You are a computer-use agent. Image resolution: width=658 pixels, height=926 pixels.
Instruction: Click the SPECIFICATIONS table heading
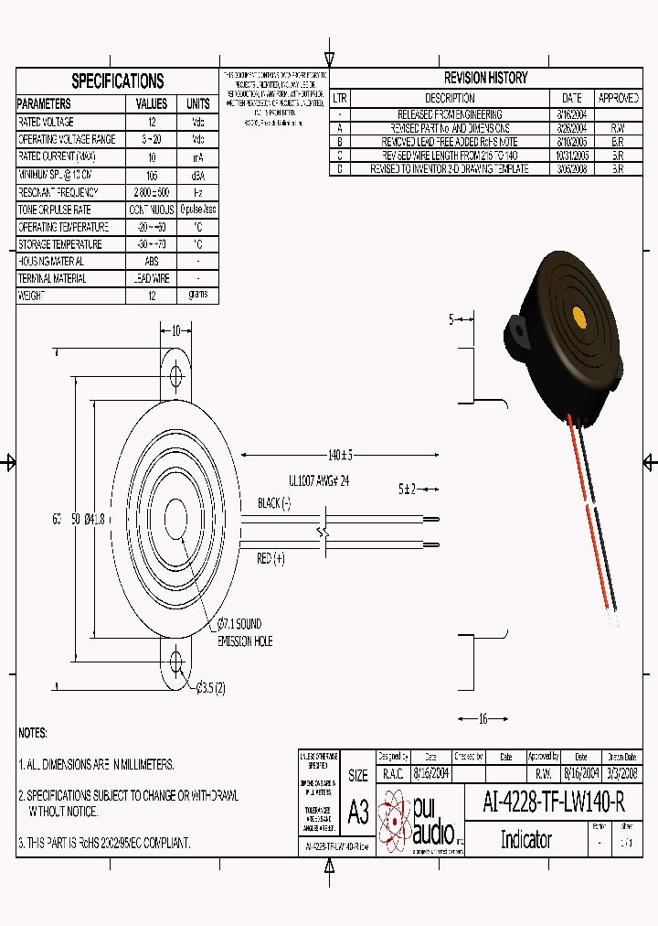(x=117, y=81)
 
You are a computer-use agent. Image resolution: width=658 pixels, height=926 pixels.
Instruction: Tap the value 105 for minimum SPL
(x=152, y=175)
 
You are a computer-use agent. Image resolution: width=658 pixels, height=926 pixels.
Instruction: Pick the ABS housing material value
(x=152, y=262)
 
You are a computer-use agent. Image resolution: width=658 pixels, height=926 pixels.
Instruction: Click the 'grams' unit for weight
(x=197, y=295)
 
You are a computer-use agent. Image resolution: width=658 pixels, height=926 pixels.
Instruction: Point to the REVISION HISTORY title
(x=485, y=78)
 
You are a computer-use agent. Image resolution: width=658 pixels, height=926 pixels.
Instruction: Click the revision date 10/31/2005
(x=571, y=156)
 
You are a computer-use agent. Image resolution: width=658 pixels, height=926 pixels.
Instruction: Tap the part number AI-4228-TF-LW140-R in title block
(x=553, y=803)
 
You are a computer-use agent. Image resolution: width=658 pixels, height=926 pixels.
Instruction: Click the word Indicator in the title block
(x=525, y=839)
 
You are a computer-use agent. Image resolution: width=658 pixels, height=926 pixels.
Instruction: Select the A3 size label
(x=358, y=812)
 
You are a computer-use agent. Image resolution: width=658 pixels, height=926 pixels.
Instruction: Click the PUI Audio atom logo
(x=395, y=817)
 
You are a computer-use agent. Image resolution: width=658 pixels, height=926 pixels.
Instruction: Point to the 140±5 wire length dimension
(x=340, y=455)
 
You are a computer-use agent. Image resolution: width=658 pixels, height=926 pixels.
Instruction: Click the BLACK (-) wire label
(x=273, y=503)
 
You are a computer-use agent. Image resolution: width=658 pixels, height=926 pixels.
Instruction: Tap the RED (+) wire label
(x=271, y=558)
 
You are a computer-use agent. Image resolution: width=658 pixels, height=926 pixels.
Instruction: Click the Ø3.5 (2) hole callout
(x=210, y=687)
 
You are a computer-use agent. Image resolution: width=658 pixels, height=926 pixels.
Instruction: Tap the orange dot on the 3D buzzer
(x=578, y=317)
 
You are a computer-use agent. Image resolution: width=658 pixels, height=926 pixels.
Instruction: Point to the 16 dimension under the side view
(x=483, y=719)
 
